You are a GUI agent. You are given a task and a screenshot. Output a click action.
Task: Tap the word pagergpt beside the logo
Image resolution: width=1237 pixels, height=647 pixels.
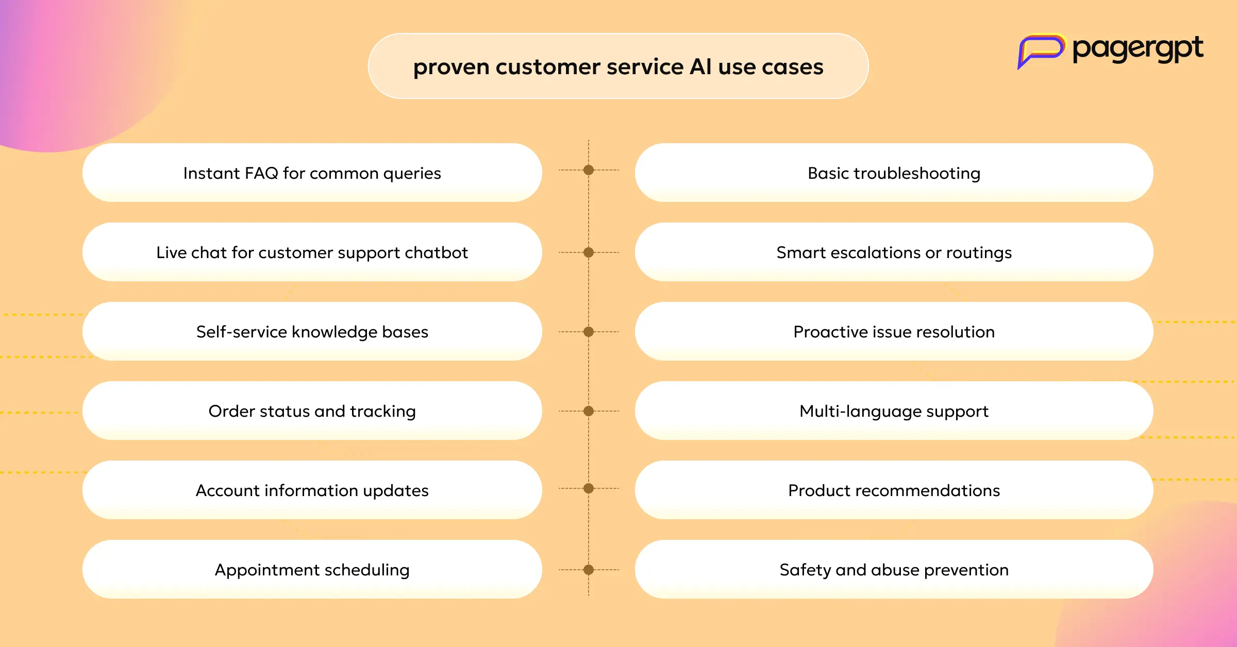pos(1138,49)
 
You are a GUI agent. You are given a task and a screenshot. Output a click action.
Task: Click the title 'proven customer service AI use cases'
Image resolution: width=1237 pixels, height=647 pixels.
pos(618,66)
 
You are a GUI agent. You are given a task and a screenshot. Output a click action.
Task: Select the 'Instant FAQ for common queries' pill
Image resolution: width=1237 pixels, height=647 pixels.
pos(312,173)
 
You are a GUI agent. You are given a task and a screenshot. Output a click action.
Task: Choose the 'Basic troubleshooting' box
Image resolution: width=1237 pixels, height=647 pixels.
pos(894,173)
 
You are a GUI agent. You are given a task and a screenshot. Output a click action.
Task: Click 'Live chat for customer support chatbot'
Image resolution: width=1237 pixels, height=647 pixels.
pos(312,252)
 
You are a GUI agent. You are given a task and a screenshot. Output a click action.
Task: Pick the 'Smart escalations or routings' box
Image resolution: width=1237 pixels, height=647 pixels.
pos(894,252)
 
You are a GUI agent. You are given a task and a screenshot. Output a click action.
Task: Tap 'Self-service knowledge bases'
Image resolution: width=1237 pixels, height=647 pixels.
pos(312,331)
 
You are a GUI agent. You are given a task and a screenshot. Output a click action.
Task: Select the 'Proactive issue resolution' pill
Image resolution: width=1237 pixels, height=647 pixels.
pos(894,331)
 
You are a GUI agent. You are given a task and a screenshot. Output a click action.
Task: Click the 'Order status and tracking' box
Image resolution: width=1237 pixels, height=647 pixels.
pos(312,411)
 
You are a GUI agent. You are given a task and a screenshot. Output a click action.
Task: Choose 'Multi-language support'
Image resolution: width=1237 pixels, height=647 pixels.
pos(894,411)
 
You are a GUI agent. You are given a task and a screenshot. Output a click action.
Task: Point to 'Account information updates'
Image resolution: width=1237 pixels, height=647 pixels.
pos(312,490)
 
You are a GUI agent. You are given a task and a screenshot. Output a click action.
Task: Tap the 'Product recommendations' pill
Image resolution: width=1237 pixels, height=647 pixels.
pos(894,490)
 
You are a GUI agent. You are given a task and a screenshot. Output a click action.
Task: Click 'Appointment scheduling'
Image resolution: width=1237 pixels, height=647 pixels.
pos(312,569)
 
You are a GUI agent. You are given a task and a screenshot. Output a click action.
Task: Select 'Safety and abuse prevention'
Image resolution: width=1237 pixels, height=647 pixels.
pos(894,569)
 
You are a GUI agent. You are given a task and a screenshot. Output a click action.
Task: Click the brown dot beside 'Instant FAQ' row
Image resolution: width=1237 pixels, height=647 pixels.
pos(589,170)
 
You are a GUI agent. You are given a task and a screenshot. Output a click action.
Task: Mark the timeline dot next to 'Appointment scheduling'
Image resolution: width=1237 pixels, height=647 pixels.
pos(589,570)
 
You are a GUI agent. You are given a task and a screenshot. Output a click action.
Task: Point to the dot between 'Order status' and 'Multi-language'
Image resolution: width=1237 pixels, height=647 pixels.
pos(589,411)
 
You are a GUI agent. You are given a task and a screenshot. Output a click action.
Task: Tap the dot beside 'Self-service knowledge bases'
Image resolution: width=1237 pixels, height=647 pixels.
pos(589,332)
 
